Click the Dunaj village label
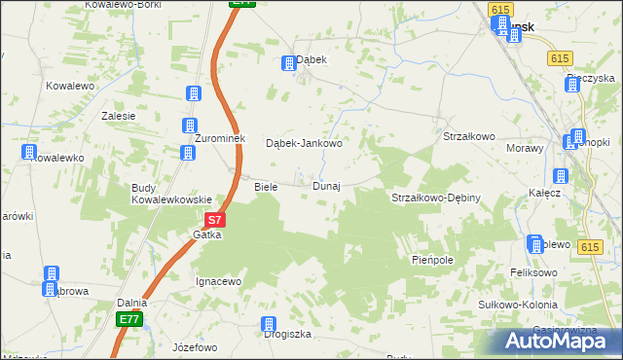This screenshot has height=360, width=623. [326, 186]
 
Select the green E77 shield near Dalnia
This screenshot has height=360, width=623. [129, 319]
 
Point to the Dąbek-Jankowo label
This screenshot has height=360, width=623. [304, 144]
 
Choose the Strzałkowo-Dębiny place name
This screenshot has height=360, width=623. [436, 198]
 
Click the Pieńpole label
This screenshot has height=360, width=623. [433, 260]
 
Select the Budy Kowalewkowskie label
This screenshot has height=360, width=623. [171, 194]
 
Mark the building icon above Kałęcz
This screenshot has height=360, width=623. [560, 176]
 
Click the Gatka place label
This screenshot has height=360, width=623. [207, 234]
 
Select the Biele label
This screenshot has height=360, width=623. [266, 186]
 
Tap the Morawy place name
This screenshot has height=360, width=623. [526, 148]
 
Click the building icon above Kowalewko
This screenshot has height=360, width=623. [28, 153]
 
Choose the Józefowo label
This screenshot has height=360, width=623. [194, 346]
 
